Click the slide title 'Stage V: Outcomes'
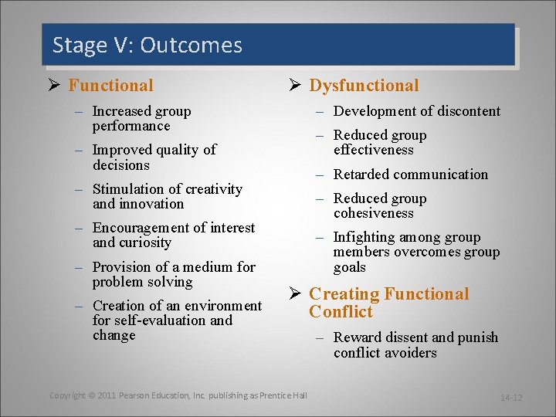[147, 46]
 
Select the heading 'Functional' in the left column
[110, 86]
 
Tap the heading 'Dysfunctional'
[364, 86]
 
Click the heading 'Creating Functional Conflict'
[388, 303]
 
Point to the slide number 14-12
[511, 398]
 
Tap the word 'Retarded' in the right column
[363, 175]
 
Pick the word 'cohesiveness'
[374, 213]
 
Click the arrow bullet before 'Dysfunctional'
[294, 86]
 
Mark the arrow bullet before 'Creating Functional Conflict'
[294, 294]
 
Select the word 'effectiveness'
[374, 150]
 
